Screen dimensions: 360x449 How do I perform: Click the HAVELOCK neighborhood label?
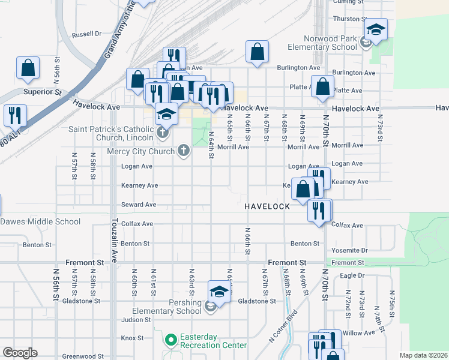[x=267, y=206]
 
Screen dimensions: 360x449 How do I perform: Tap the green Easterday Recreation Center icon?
[x=170, y=340]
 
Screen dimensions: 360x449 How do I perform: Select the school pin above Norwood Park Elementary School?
[x=376, y=30]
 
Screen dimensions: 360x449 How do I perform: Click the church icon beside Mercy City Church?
[x=183, y=151]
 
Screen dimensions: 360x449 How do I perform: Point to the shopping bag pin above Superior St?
[x=28, y=68]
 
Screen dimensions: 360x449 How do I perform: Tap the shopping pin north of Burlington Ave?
[x=257, y=52]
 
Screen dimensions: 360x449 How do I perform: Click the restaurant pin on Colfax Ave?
[x=319, y=210]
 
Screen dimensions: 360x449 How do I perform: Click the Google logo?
[x=20, y=353]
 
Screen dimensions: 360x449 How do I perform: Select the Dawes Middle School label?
[x=40, y=221]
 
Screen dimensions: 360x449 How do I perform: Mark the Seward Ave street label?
[x=138, y=205]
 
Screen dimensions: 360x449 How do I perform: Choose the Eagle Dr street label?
[x=352, y=275]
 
